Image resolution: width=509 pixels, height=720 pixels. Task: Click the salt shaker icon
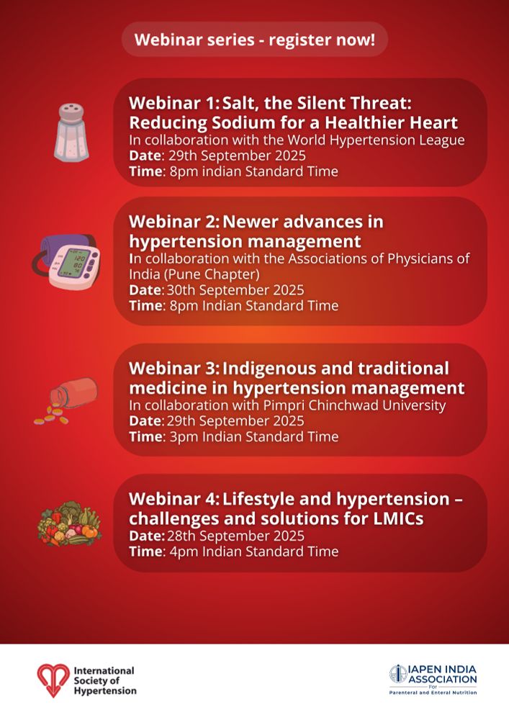point(71,132)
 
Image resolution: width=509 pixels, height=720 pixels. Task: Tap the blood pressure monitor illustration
point(66,262)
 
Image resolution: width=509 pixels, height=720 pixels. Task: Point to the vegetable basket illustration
point(69,523)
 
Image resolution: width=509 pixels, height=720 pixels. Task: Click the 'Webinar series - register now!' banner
point(255,40)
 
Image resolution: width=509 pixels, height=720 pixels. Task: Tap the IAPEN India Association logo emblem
point(398,674)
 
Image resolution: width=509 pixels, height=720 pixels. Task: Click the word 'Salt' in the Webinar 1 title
point(239,103)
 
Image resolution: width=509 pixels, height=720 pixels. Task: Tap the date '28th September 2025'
point(235,536)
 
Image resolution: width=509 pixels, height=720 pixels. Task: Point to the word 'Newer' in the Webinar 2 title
point(251,222)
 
